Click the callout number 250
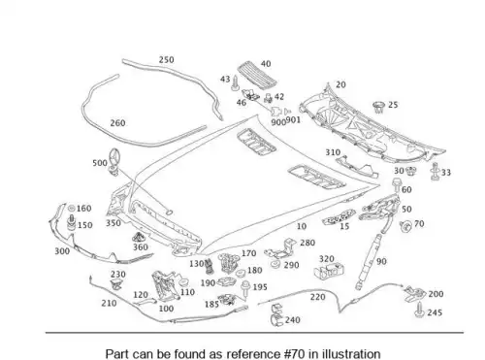click(x=166, y=60)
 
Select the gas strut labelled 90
click(x=369, y=261)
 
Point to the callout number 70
click(x=419, y=223)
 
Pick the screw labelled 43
click(x=235, y=83)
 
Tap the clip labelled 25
click(x=378, y=107)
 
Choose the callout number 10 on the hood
click(x=302, y=226)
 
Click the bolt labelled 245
click(x=419, y=311)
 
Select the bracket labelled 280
click(x=280, y=249)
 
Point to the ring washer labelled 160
click(x=72, y=209)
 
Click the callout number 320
click(x=327, y=259)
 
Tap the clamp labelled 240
click(x=275, y=315)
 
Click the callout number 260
click(x=117, y=123)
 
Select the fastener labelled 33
click(x=435, y=172)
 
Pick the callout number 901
click(x=293, y=120)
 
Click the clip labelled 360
click(x=139, y=238)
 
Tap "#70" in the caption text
click(x=294, y=353)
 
